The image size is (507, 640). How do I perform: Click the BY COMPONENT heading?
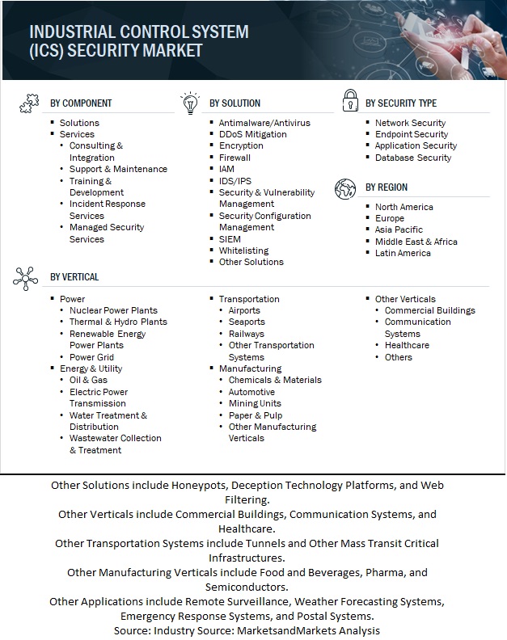(x=81, y=103)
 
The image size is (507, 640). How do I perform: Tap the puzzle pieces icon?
(x=28, y=103)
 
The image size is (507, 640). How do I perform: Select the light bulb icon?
(x=188, y=103)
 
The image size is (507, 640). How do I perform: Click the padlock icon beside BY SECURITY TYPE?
(x=349, y=102)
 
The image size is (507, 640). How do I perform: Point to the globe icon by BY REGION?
(x=345, y=187)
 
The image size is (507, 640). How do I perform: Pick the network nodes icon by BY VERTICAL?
(x=26, y=277)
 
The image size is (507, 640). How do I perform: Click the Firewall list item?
(x=234, y=158)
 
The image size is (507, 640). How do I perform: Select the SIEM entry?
(x=230, y=239)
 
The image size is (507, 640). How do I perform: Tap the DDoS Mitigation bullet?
(x=252, y=134)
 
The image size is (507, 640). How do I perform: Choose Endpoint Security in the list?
(x=411, y=134)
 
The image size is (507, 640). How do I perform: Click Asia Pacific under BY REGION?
(x=399, y=230)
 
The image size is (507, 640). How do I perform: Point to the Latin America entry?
(x=403, y=254)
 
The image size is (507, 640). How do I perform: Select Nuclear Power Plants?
(x=113, y=310)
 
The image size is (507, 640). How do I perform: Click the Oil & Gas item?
(x=88, y=381)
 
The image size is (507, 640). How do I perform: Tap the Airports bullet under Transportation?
(x=244, y=310)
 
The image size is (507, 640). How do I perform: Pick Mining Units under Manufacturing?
(x=255, y=403)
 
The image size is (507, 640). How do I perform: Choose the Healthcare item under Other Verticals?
(x=407, y=345)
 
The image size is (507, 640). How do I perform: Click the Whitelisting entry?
(x=243, y=251)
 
